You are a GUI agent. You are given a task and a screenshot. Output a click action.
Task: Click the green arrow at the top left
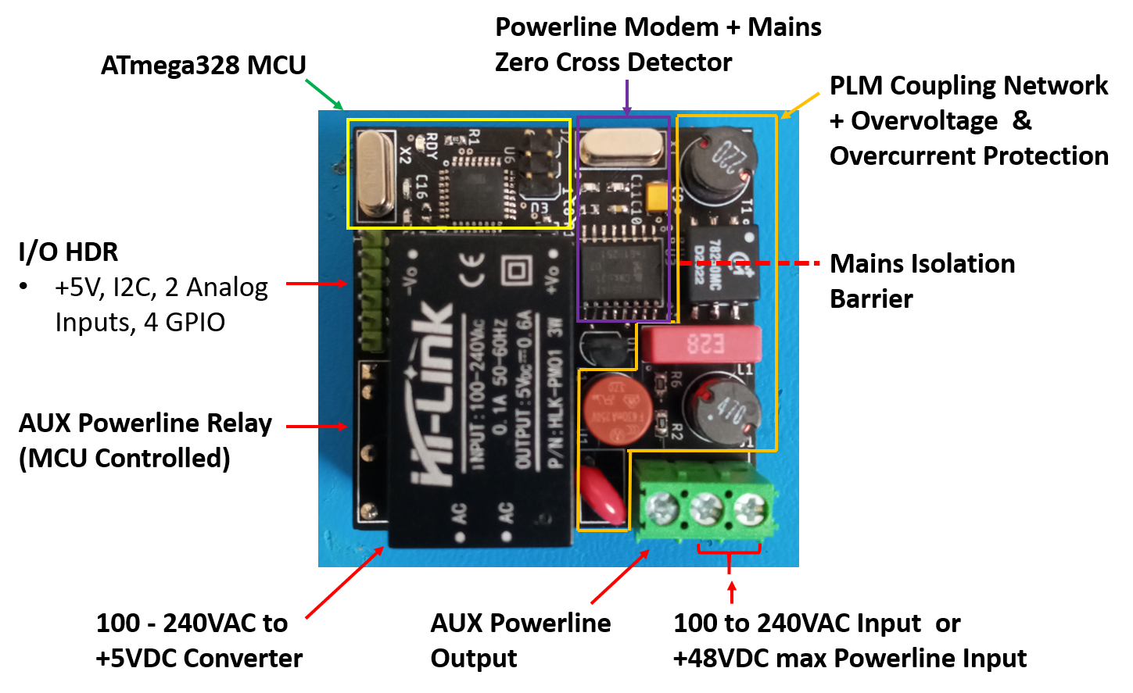[x=324, y=94]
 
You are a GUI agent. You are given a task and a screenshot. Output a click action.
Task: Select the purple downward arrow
[x=626, y=98]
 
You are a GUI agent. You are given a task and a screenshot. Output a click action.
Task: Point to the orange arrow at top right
[x=800, y=105]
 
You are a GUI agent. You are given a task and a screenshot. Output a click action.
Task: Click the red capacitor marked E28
[x=700, y=344]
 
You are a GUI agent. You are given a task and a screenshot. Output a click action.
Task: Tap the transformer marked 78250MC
[x=723, y=266]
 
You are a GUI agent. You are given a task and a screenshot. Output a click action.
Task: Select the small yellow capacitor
[x=660, y=195]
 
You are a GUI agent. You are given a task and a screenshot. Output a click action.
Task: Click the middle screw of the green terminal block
[x=705, y=510]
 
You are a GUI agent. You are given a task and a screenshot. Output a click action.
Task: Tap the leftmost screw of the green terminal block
[x=662, y=510]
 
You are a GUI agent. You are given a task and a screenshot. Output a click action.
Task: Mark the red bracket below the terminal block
[x=729, y=552]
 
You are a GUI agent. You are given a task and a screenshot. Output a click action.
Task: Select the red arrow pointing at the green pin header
[x=317, y=284]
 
